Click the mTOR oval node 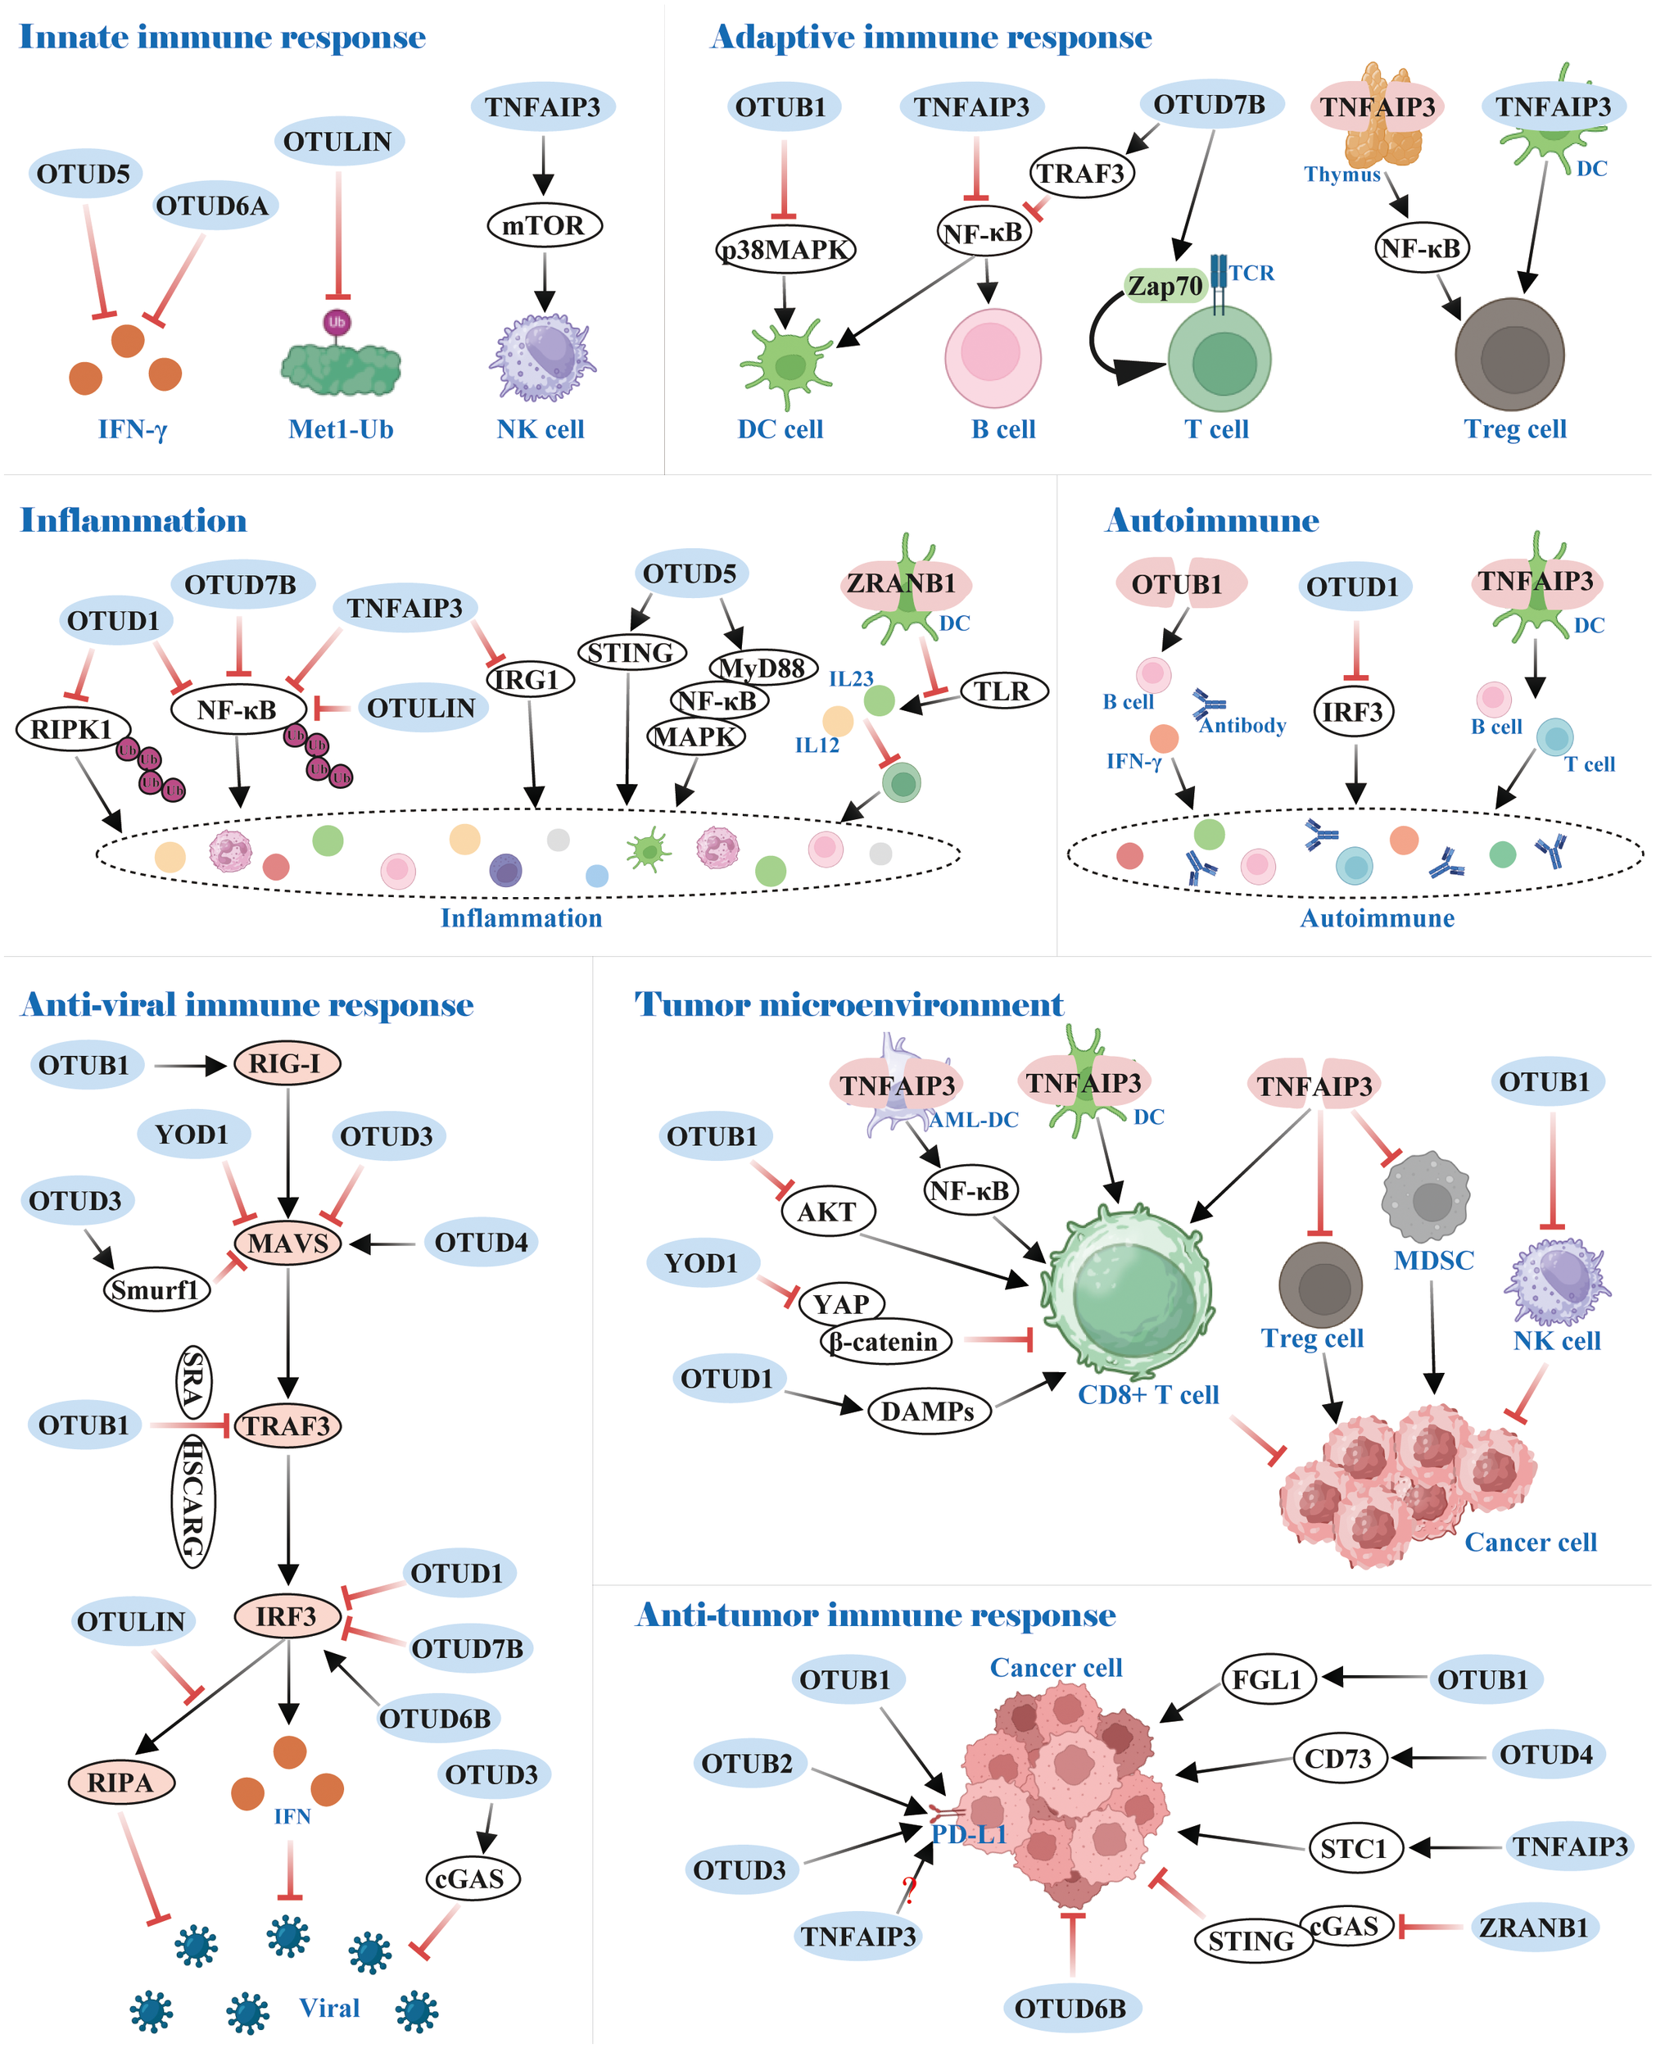pyautogui.click(x=544, y=226)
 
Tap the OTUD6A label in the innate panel pyautogui.click(x=212, y=206)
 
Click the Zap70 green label pyautogui.click(x=1165, y=286)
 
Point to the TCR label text pyautogui.click(x=1251, y=274)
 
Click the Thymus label pyautogui.click(x=1342, y=174)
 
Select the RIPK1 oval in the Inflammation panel pyautogui.click(x=71, y=730)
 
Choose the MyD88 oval pyautogui.click(x=762, y=668)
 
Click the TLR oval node pyautogui.click(x=1002, y=691)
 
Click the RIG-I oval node pyautogui.click(x=286, y=1063)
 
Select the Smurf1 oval pyautogui.click(x=156, y=1290)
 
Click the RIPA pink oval pyautogui.click(x=120, y=1782)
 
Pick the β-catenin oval pyautogui.click(x=885, y=1342)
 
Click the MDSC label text pyautogui.click(x=1432, y=1261)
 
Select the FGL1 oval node pyautogui.click(x=1268, y=1680)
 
